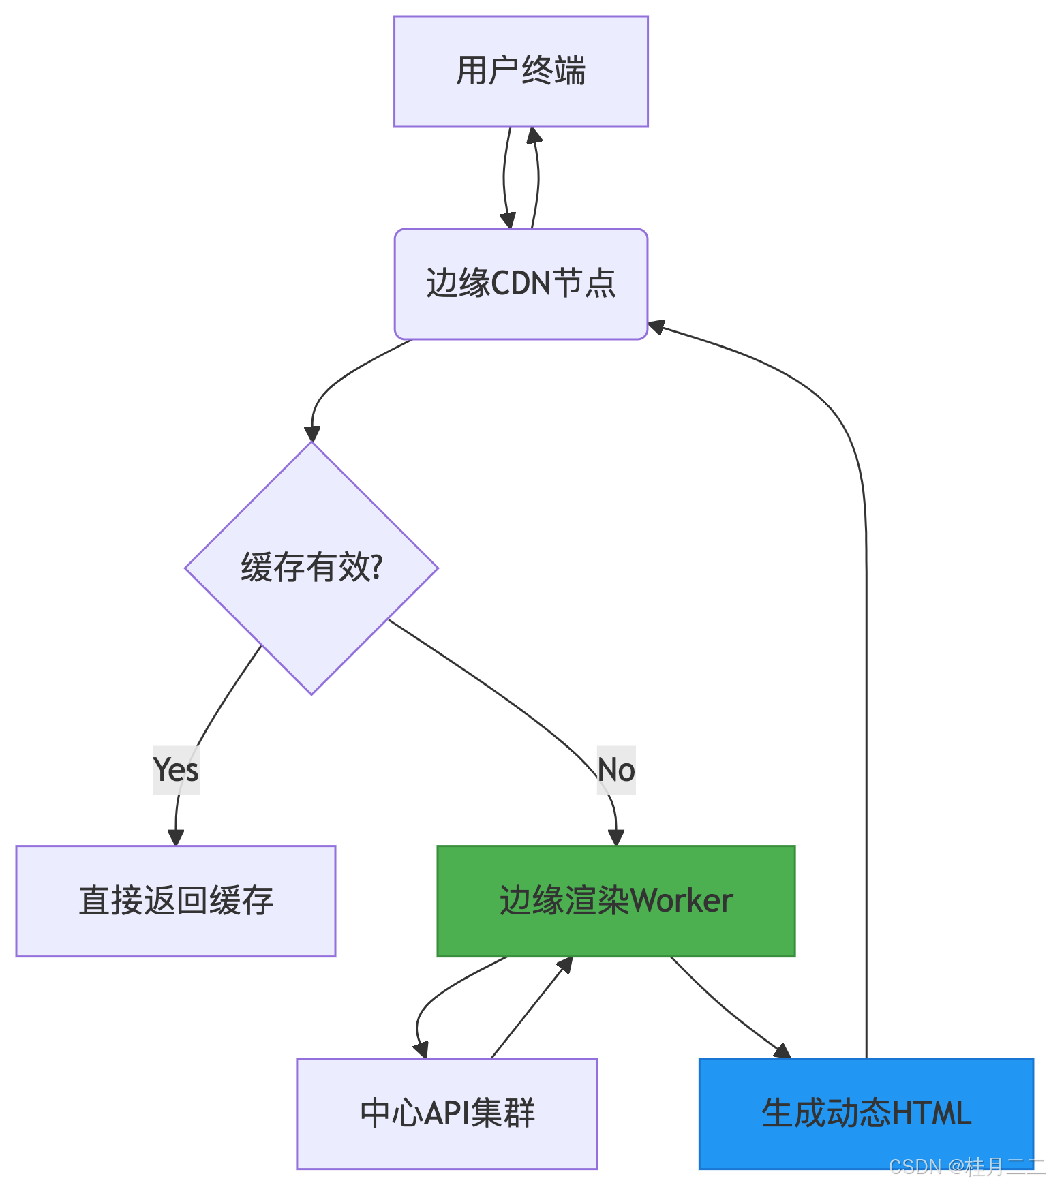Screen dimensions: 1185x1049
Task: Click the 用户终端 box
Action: pos(521,72)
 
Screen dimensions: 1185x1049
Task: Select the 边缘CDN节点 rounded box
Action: pos(521,283)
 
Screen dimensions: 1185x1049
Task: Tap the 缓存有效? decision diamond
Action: pos(311,568)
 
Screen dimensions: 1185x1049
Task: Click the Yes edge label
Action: pos(176,770)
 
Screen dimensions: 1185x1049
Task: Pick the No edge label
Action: pos(615,770)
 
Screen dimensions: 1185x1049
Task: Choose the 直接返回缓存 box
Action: pos(176,901)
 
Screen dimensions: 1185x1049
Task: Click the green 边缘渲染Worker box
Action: pos(615,901)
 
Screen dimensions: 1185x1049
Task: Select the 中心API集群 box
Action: pos(447,1113)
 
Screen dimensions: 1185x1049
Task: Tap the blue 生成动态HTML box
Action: pos(866,1113)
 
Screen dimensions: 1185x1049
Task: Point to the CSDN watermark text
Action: pos(966,1167)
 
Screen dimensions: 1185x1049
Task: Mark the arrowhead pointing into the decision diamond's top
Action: pos(312,433)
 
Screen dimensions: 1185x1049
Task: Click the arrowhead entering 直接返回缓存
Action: pos(176,837)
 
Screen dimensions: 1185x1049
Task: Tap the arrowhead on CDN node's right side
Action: pos(656,327)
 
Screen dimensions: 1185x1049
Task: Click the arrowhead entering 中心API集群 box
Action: pos(421,1049)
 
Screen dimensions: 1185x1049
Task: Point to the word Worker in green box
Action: pos(682,901)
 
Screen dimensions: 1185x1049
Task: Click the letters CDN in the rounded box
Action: pos(521,283)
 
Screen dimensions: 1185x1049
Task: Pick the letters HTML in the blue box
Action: pos(931,1113)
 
